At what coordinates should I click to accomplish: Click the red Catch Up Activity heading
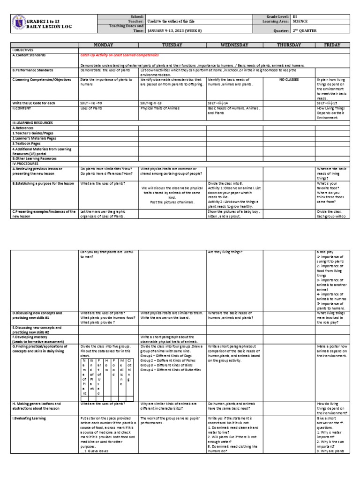click(x=120, y=55)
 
